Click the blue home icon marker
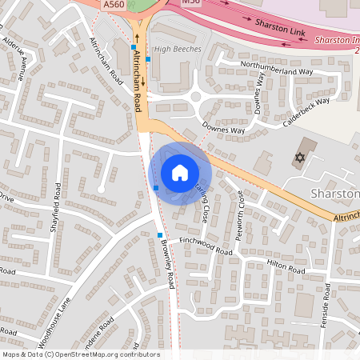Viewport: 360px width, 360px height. [180, 172]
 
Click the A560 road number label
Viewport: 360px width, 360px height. [114, 5]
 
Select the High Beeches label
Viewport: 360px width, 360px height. [178, 49]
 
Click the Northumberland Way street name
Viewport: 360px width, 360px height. [277, 71]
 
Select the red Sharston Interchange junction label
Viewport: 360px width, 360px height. [335, 38]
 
